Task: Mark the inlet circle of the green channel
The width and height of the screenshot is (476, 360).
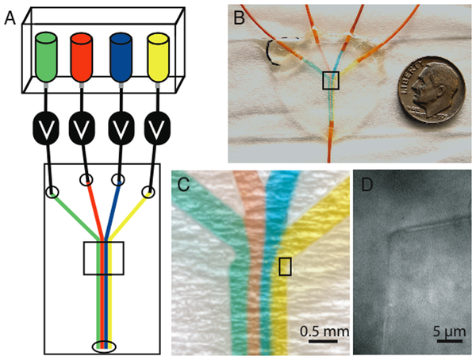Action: point(53,192)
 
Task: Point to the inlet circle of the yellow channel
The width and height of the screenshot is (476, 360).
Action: point(148,191)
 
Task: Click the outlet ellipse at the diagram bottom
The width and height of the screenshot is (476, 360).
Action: point(103,346)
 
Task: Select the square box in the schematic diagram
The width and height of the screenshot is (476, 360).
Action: point(103,259)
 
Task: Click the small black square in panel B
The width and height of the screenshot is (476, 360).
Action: point(331,79)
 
